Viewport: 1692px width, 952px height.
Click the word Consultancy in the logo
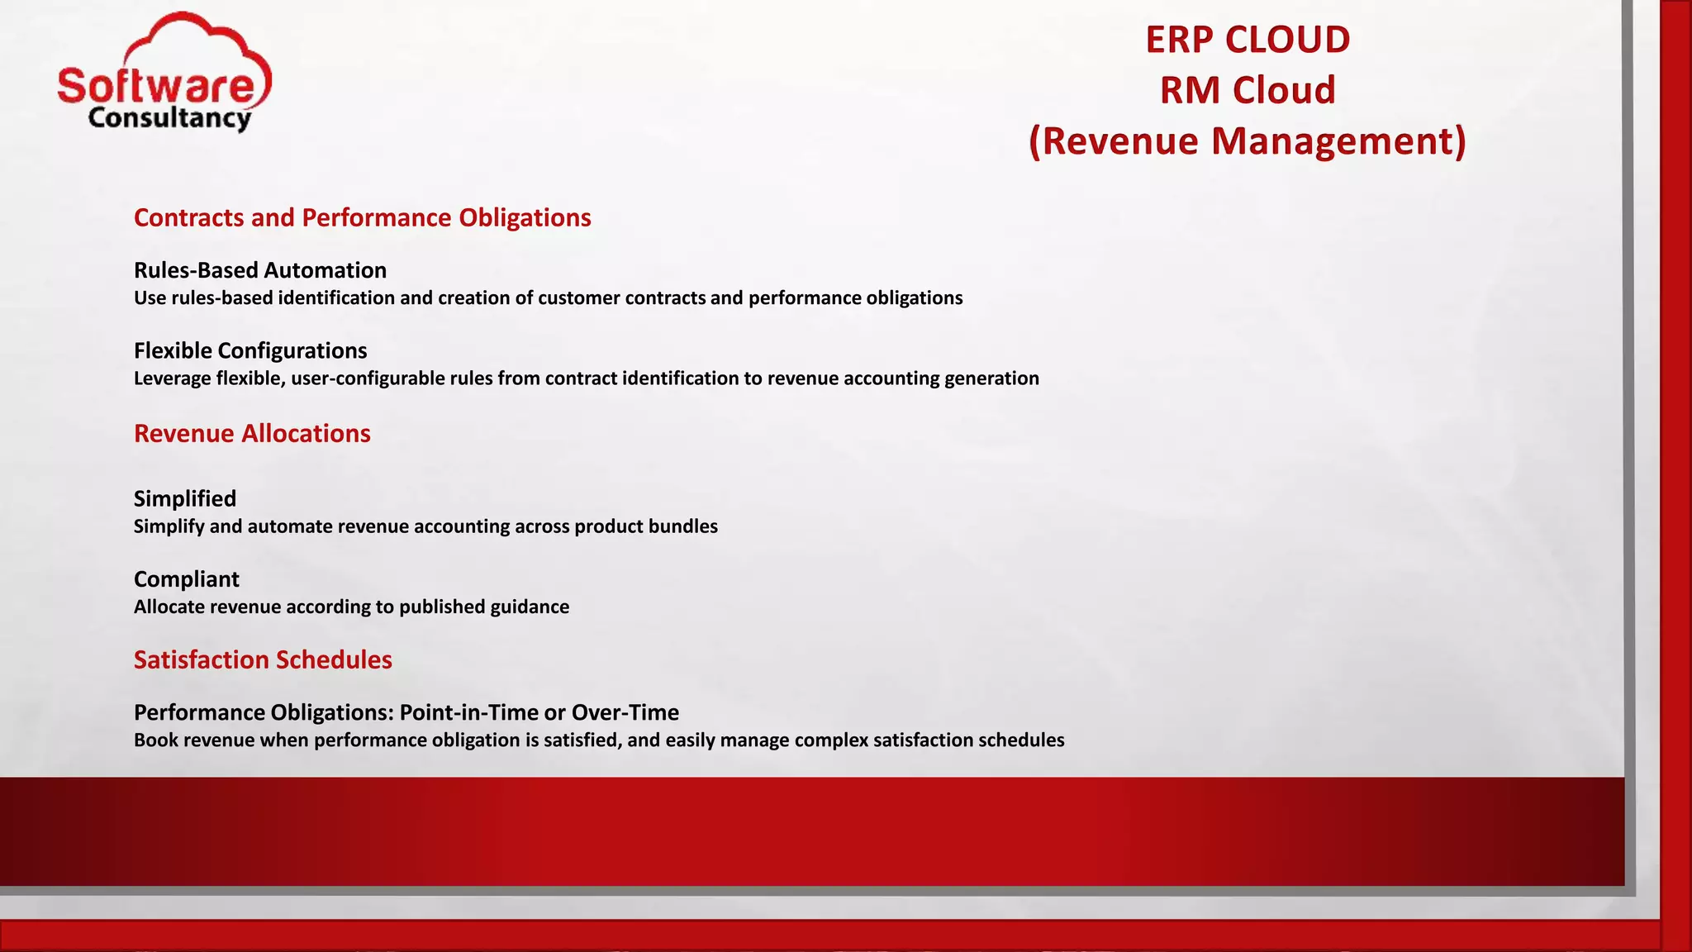click(x=169, y=118)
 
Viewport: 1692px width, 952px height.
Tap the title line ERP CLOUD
click(x=1247, y=40)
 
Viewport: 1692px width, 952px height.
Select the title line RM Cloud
click(x=1247, y=90)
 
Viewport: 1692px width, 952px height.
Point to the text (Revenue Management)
click(x=1247, y=140)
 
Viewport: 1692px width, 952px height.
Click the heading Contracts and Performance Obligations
click(x=362, y=217)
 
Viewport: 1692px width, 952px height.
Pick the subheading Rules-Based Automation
click(x=259, y=270)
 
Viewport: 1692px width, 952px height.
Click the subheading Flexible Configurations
click(x=250, y=350)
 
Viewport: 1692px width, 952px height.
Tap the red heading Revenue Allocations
click(x=252, y=433)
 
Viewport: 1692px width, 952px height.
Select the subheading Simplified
click(x=184, y=498)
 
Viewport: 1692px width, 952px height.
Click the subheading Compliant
click(x=186, y=578)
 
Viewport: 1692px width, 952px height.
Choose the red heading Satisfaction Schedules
click(x=263, y=659)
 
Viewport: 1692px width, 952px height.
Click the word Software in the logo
click(x=157, y=86)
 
